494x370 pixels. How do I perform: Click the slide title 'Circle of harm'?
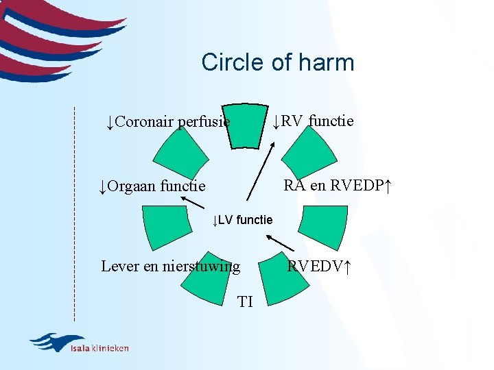[x=277, y=62]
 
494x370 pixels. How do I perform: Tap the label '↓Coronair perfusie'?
[x=167, y=122]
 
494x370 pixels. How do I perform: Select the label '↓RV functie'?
[x=313, y=121]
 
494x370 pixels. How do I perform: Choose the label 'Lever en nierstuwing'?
[x=170, y=266]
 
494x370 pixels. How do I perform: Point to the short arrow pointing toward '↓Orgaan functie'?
[x=193, y=202]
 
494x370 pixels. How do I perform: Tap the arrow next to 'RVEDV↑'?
[x=280, y=243]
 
